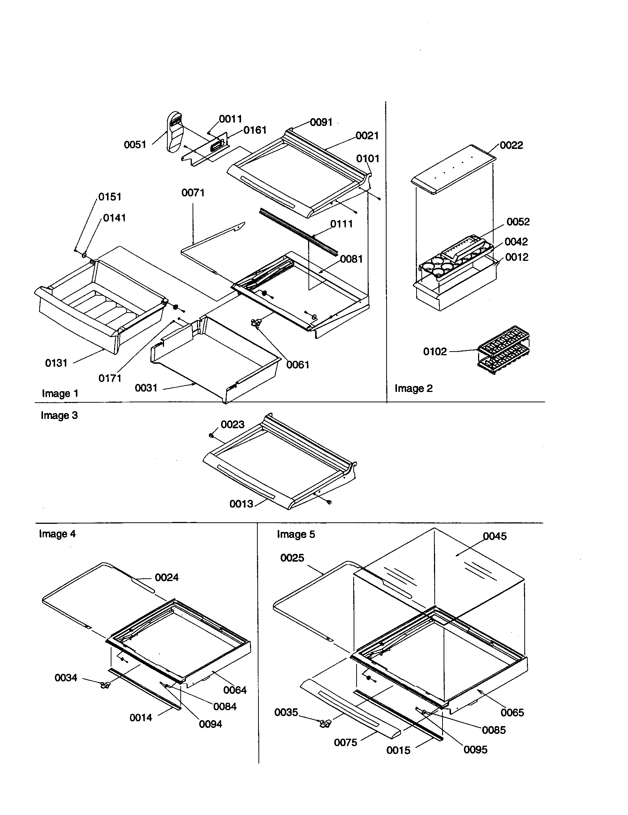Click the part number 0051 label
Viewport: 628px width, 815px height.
(x=135, y=145)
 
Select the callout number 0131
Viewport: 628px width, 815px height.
(x=56, y=363)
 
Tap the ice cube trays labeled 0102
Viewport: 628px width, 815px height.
(x=504, y=349)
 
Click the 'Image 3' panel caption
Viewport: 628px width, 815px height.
(x=59, y=415)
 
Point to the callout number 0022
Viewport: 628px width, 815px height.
(x=511, y=145)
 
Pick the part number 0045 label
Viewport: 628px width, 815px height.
(x=494, y=536)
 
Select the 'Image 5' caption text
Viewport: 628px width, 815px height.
(x=296, y=534)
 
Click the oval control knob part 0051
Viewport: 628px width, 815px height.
(x=174, y=132)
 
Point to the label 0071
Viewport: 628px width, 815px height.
(x=193, y=193)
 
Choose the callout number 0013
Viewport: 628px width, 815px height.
(x=241, y=504)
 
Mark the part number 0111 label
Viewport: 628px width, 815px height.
(x=341, y=224)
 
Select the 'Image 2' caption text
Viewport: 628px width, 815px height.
(x=414, y=389)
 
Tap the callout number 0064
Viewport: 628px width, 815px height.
(x=235, y=690)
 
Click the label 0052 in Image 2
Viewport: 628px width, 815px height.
(x=518, y=222)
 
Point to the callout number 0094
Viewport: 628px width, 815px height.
(x=210, y=724)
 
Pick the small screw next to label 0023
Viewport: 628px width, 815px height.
(x=211, y=435)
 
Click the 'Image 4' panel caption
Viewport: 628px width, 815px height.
(x=57, y=534)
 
